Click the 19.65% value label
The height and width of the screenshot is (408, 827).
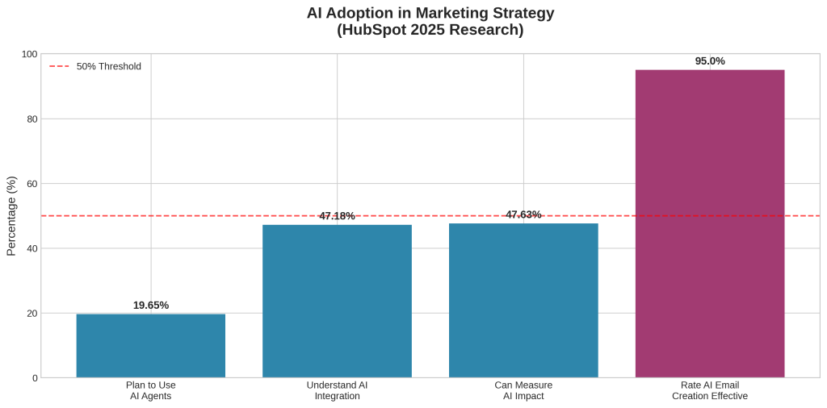click(151, 306)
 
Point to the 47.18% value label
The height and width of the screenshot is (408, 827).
click(337, 216)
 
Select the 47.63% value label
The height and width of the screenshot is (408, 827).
click(523, 214)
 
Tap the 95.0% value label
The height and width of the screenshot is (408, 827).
click(710, 61)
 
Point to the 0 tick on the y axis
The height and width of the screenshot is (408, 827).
click(34, 378)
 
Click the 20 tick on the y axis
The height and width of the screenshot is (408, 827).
click(31, 313)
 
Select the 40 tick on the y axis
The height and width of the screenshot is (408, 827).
click(31, 248)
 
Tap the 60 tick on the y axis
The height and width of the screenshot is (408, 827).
click(31, 184)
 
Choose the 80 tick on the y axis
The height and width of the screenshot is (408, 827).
click(31, 119)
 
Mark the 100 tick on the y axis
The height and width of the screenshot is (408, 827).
click(29, 54)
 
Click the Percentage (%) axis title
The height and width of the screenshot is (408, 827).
click(11, 216)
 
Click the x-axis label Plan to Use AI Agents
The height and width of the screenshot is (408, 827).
click(150, 390)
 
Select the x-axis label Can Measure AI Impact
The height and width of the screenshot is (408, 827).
click(523, 390)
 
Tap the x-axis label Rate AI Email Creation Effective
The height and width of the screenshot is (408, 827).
click(709, 390)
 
